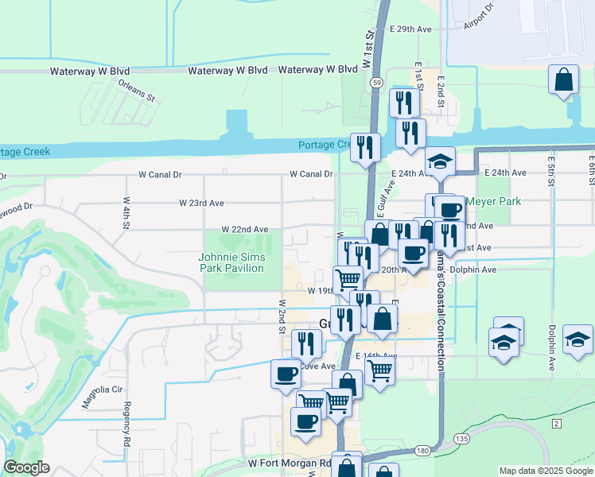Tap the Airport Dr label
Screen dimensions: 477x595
[479, 17]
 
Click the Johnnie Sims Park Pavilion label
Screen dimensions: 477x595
[231, 262]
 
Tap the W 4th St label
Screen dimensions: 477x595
[126, 213]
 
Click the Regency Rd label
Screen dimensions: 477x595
[126, 423]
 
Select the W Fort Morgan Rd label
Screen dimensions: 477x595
[290, 463]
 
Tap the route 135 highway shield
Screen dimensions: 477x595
[461, 438]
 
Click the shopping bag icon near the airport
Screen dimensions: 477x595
[563, 79]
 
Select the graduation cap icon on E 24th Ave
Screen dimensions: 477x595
[440, 161]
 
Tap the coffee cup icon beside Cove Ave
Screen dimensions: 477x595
[286, 374]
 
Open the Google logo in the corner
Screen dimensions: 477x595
[26, 467]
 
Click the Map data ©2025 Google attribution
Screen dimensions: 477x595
[546, 471]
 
